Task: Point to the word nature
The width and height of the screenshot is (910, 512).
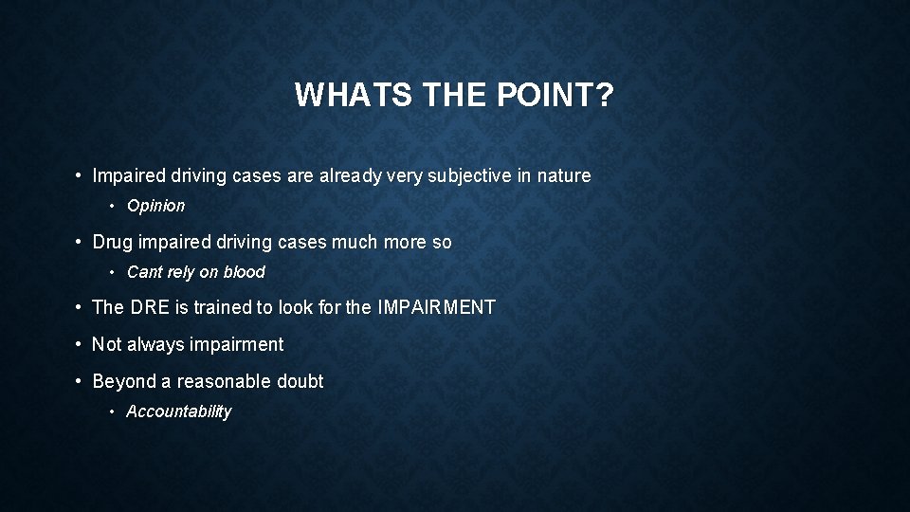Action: tap(565, 175)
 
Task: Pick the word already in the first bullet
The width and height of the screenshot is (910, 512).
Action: tap(351, 175)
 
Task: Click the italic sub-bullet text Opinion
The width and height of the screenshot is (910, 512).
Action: tap(155, 206)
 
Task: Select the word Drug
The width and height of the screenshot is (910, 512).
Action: tap(111, 242)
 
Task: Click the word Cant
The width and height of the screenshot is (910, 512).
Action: tap(144, 272)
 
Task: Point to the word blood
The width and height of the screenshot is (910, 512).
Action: tap(245, 272)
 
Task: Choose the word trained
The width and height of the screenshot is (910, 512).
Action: tap(221, 307)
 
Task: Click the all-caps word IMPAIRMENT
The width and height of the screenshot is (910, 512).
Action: tap(436, 307)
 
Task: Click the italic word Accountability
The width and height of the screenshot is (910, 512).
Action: tap(178, 411)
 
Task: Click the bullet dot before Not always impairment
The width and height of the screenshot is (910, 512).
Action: tap(80, 344)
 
